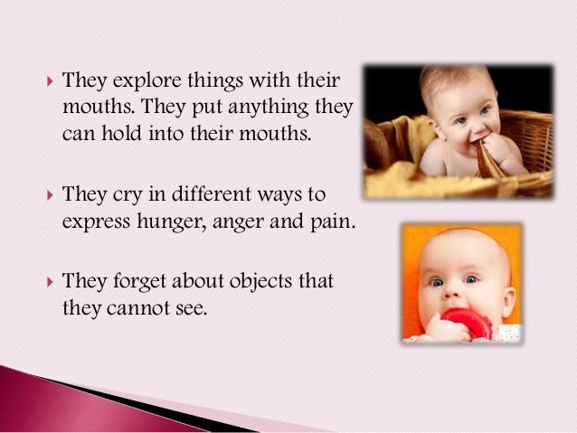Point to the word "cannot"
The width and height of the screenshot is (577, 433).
pyautogui.click(x=132, y=307)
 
